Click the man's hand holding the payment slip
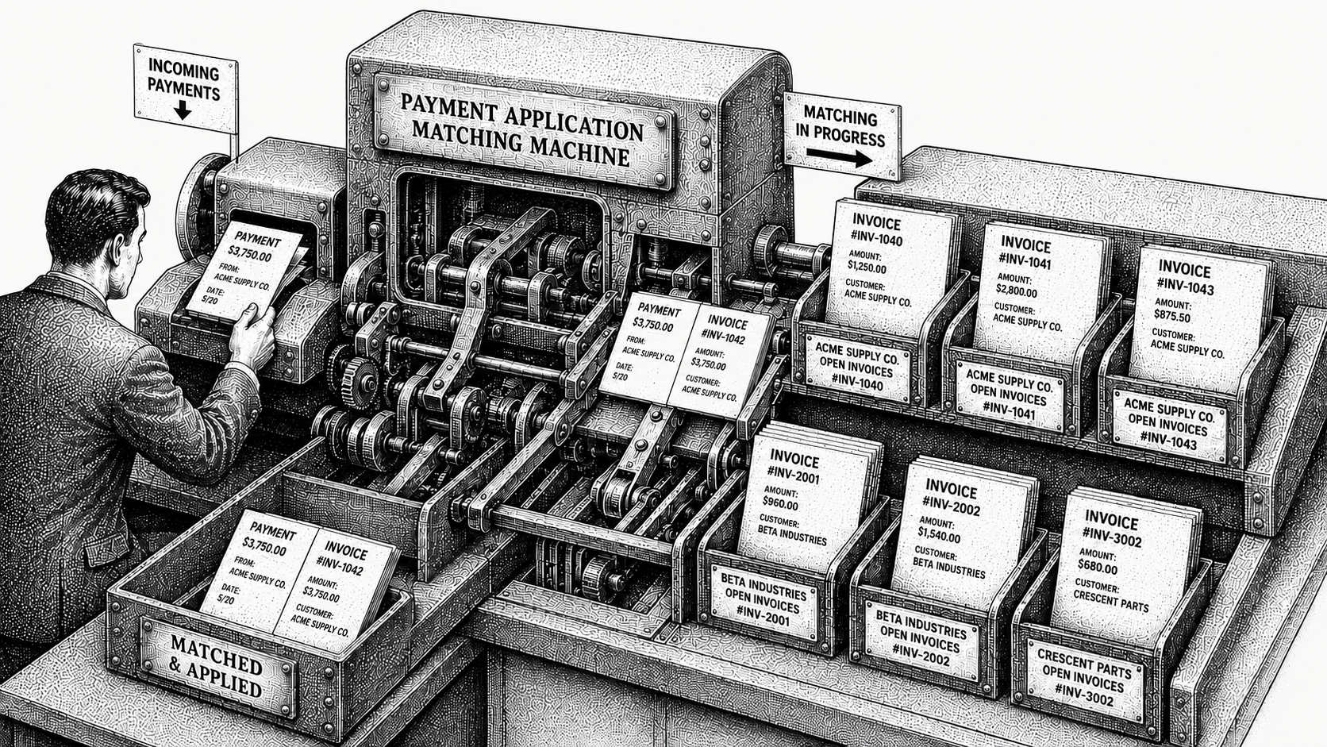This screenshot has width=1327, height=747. tap(253, 332)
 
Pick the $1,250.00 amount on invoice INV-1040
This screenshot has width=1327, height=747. tap(867, 268)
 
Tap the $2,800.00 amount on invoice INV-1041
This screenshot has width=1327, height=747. tap(1017, 291)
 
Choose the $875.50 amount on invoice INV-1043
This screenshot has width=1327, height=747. tap(1171, 317)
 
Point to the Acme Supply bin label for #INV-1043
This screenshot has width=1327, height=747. tap(1167, 424)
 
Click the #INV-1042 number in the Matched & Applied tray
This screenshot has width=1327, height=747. tap(340, 567)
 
